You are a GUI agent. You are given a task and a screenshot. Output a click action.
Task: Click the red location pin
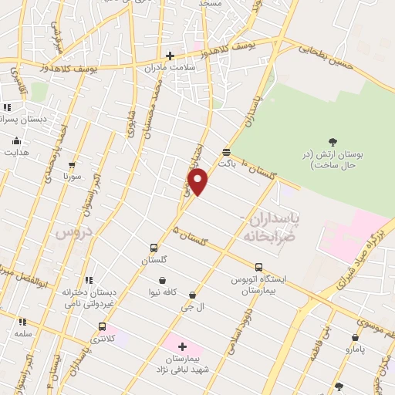pyautogui.click(x=198, y=182)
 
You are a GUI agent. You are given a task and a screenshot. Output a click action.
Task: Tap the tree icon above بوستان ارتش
pyautogui.click(x=333, y=141)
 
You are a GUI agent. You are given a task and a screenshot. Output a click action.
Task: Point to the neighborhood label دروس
pyautogui.click(x=74, y=231)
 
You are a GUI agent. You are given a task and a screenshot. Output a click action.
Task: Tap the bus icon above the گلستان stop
pyautogui.click(x=154, y=248)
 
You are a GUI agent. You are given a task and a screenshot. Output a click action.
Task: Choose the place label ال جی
pyautogui.click(x=190, y=307)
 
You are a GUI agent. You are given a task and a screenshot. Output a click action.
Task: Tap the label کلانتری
pyautogui.click(x=103, y=339)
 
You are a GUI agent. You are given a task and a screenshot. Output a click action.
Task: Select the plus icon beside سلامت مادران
pyautogui.click(x=170, y=55)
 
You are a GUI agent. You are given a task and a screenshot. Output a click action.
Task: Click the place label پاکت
pyautogui.click(x=225, y=164)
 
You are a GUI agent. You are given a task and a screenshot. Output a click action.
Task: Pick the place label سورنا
pyautogui.click(x=73, y=176)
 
